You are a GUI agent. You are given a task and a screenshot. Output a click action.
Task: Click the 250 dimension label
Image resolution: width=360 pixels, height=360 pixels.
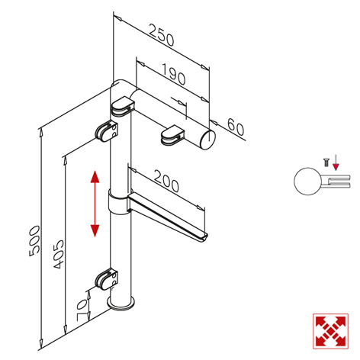(162, 35)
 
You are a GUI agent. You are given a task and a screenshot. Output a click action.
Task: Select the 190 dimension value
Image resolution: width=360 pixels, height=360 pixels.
(173, 74)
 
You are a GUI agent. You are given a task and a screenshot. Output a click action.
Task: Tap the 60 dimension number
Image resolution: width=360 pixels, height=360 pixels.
(236, 127)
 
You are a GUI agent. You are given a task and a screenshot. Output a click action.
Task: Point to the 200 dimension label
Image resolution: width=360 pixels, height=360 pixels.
(166, 181)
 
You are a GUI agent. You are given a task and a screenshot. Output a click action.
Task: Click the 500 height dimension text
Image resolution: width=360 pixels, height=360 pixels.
(34, 241)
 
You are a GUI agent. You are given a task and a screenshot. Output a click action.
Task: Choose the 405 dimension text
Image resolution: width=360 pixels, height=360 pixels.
(59, 254)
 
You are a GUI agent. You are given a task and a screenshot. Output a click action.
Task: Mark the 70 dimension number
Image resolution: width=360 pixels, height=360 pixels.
(82, 310)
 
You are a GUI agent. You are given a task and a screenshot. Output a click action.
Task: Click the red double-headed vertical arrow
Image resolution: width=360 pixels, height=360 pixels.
(95, 204)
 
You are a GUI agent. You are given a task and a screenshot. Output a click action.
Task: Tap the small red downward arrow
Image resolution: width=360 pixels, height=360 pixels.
(336, 162)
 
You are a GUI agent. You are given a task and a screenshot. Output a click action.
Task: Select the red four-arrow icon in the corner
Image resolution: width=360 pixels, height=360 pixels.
(330, 331)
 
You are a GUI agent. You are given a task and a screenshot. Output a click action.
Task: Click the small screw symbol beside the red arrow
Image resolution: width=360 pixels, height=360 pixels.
(326, 162)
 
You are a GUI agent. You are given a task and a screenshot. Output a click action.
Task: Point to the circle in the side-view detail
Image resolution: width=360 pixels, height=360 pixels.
(307, 182)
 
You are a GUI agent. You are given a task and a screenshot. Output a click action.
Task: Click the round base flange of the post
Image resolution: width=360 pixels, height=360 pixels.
(121, 304)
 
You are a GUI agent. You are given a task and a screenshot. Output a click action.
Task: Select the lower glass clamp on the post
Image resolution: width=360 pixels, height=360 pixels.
(107, 280)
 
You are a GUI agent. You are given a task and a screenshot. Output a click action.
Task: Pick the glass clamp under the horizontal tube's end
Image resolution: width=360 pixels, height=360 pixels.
(172, 135)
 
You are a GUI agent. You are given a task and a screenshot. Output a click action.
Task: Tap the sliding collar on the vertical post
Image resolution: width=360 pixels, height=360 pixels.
(118, 202)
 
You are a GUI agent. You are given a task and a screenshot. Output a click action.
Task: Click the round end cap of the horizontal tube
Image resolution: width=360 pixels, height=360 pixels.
(208, 139)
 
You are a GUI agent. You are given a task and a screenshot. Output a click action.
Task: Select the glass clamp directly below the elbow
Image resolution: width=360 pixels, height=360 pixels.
(122, 106)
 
